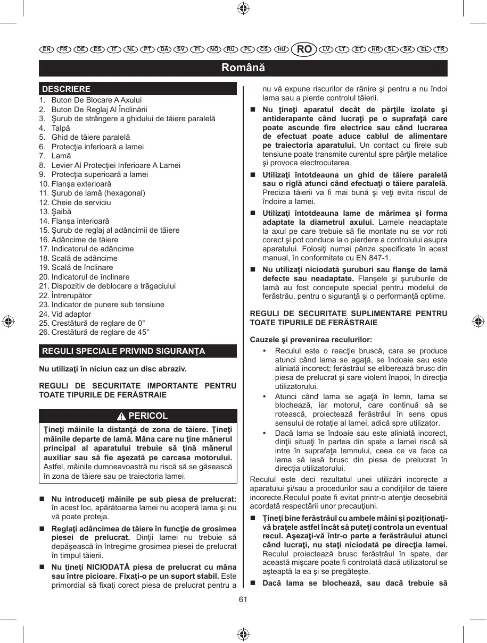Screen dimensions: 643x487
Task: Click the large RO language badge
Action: pyautogui.click(x=304, y=49)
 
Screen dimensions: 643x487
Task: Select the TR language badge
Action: pyautogui.click(x=440, y=49)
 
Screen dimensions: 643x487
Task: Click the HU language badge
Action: pyautogui.click(x=281, y=49)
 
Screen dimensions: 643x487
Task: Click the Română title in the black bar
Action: pyautogui.click(x=243, y=68)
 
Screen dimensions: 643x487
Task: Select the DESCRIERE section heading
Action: pyautogui.click(x=67, y=89)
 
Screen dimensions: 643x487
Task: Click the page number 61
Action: pyautogui.click(x=243, y=599)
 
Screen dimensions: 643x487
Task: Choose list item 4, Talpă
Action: pyautogui.click(x=60, y=128)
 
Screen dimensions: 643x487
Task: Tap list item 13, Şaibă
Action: pyautogui.click(x=62, y=211)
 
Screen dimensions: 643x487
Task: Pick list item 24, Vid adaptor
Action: pyautogui.click(x=71, y=314)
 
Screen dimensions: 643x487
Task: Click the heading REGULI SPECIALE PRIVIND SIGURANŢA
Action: pyautogui.click(x=123, y=351)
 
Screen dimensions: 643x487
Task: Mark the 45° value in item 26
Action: pyautogui.click(x=144, y=333)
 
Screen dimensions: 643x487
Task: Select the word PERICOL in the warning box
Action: pyautogui.click(x=148, y=416)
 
